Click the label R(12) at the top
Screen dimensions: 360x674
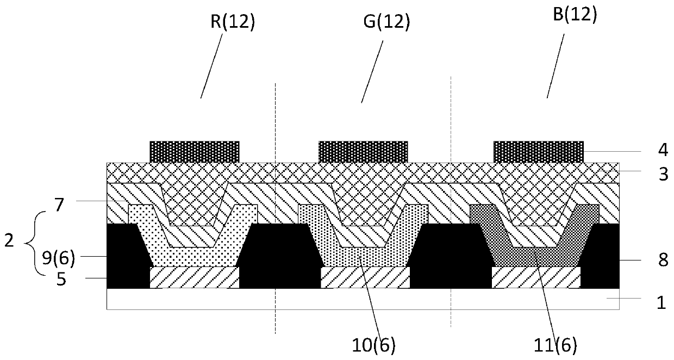tap(233, 21)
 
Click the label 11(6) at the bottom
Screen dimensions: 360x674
tap(558, 344)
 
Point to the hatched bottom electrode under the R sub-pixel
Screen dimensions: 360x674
tap(194, 277)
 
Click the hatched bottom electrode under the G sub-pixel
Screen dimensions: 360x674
tap(365, 277)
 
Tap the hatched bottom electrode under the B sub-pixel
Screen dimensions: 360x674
tap(536, 277)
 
